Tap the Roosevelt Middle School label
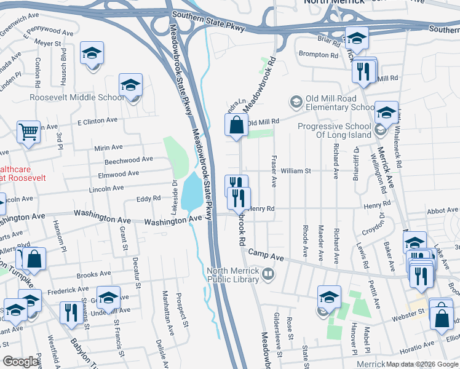[x=77, y=97]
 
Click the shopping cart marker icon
[x=28, y=132]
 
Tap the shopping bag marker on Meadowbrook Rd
[x=236, y=125]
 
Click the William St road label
[x=296, y=170]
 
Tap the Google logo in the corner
[x=21, y=362]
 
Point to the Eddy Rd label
[x=148, y=199]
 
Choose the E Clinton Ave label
[x=97, y=121]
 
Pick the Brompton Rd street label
[x=319, y=55]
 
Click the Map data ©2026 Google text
[x=422, y=363]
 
